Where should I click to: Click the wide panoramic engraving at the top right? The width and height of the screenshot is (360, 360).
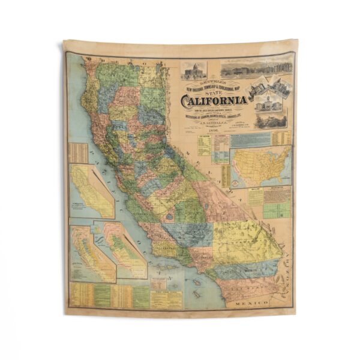256,67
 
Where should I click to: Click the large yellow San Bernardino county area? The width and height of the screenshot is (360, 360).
243,240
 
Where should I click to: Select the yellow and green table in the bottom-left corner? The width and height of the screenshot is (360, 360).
108,295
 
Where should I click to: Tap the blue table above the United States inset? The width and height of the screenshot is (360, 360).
251,139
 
